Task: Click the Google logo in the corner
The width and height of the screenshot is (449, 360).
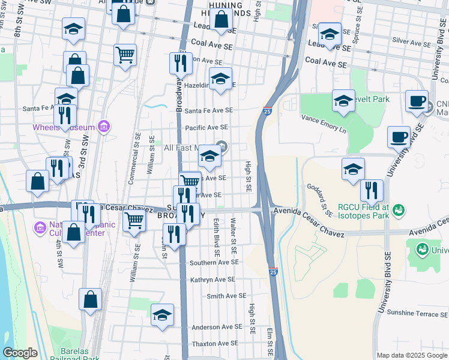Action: pos(20,353)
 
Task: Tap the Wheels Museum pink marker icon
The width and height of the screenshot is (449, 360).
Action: pos(104,127)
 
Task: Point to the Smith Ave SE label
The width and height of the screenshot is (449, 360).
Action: pos(226,296)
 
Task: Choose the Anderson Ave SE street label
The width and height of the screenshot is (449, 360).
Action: pos(217,327)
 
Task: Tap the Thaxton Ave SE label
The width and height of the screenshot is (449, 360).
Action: pos(215,344)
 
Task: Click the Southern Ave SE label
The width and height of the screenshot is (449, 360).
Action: pos(214,263)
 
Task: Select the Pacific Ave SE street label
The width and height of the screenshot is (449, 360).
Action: pos(206,127)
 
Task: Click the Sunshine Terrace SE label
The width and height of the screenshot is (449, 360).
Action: pos(417,313)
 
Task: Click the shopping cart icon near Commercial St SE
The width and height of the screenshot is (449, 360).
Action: pos(134,221)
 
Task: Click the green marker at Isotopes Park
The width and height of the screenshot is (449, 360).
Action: pos(399,210)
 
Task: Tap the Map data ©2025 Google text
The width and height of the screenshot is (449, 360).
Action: pos(411,355)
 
